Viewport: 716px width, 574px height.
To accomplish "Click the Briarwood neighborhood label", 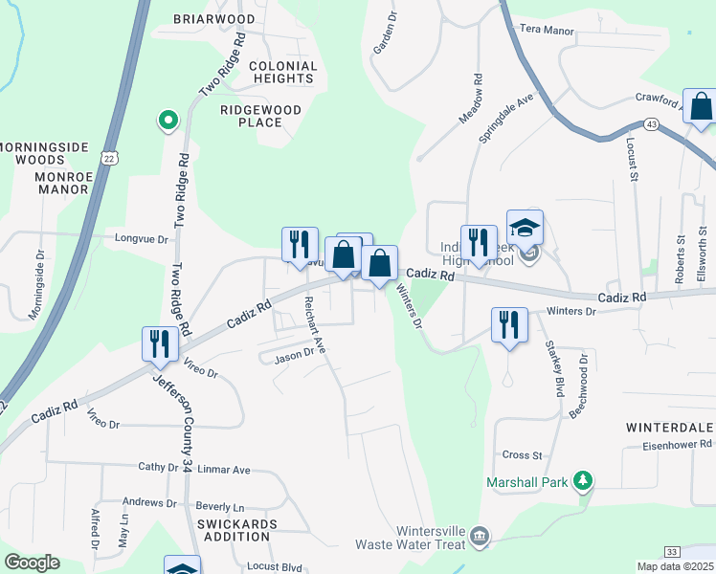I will pos(215,19).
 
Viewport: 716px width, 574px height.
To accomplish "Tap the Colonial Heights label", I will pos(281,72).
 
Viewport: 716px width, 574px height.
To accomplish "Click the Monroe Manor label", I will pos(61,183).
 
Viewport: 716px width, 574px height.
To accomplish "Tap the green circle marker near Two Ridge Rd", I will pos(168,121).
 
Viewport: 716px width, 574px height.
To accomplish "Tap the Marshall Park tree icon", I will pos(581,481).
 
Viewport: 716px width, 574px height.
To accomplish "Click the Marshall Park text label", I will pos(526,482).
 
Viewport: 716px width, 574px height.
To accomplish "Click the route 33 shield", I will pos(673,552).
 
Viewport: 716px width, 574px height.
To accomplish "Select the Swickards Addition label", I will pos(236,531).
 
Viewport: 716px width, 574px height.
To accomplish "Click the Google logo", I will pos(32,563).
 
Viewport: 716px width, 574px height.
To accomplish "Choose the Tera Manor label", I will pos(547,31).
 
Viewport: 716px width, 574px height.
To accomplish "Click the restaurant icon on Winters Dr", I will pos(508,323).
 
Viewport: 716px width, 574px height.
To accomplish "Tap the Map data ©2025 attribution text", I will pos(675,566).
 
